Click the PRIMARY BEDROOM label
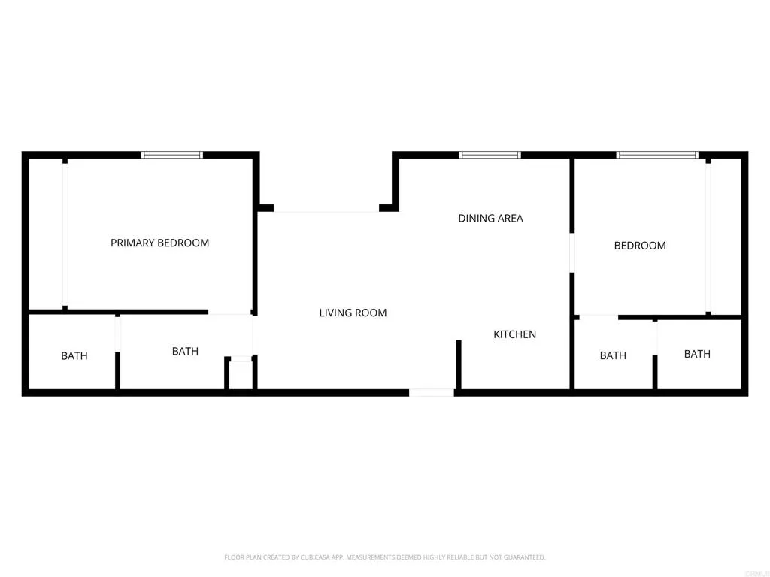click(x=159, y=243)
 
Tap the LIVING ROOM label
click(x=353, y=313)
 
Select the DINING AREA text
click(x=490, y=219)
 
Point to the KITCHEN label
click(x=514, y=334)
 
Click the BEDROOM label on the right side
click(x=640, y=246)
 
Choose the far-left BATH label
click(x=74, y=356)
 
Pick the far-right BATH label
click(x=697, y=354)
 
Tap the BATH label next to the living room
click(x=185, y=351)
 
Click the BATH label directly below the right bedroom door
click(x=613, y=355)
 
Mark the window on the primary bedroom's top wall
click(x=172, y=155)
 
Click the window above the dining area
click(x=490, y=155)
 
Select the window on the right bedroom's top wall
click(x=656, y=155)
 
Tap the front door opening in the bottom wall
click(x=432, y=392)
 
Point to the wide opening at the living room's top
click(x=326, y=211)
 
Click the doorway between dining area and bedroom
click(x=572, y=253)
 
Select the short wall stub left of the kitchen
click(x=457, y=364)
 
